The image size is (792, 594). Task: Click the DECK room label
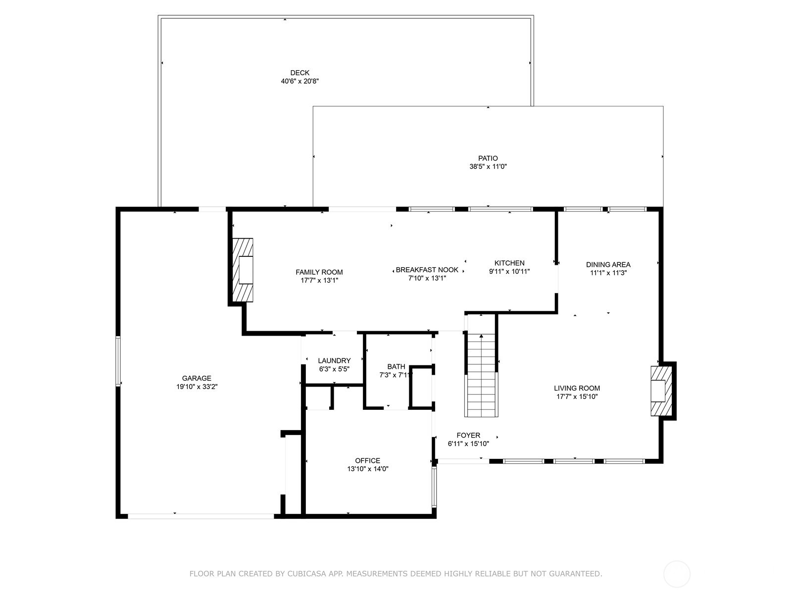tap(300, 73)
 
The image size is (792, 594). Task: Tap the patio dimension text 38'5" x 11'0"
tap(488, 167)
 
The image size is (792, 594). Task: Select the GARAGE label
tap(197, 378)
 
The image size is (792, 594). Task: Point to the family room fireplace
tap(242, 270)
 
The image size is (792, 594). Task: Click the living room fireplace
tap(661, 391)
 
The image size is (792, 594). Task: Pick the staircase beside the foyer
tap(481, 375)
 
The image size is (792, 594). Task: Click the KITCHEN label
tap(509, 263)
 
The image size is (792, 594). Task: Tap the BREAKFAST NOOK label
tap(427, 270)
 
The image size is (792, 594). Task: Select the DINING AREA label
tap(608, 265)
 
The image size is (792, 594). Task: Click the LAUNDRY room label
tap(334, 361)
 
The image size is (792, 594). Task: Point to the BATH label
tap(396, 367)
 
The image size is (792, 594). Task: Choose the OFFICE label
tap(368, 460)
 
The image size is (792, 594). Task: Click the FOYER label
tap(468, 435)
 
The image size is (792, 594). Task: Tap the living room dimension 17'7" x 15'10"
tap(577, 396)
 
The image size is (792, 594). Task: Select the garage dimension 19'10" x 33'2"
tap(197, 387)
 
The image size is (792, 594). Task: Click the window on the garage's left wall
tap(118, 361)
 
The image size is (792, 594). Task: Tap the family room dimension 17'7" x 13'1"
tap(319, 281)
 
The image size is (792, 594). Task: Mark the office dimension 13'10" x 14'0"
tap(368, 469)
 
